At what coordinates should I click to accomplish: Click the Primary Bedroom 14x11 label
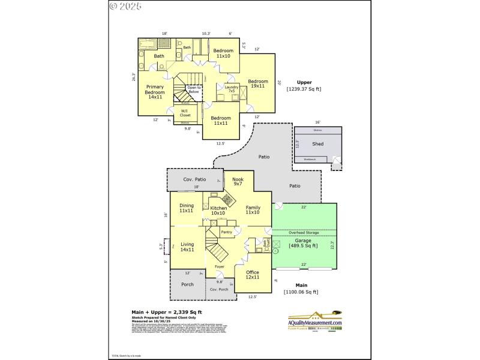point(155,91)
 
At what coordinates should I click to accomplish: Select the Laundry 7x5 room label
point(232,89)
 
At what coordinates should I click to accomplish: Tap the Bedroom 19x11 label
point(258,84)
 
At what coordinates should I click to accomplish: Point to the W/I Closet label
point(185,112)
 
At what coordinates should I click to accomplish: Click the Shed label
point(317,144)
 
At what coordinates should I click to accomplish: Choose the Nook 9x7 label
point(238,182)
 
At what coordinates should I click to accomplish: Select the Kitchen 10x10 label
point(218,210)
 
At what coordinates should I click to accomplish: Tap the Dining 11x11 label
point(187,208)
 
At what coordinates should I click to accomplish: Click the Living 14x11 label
point(187,246)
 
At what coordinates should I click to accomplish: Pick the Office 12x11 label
point(253,274)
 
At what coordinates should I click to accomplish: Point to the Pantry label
point(226,232)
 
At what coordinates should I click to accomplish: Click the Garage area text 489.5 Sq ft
point(303,245)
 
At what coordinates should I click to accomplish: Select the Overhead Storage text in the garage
point(304,232)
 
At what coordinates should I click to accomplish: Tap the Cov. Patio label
point(195,179)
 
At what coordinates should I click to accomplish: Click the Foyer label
point(220,266)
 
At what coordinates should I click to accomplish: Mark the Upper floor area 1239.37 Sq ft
point(304,89)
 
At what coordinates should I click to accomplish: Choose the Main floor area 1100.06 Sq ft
point(301,292)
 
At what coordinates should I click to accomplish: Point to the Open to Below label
point(193,89)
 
